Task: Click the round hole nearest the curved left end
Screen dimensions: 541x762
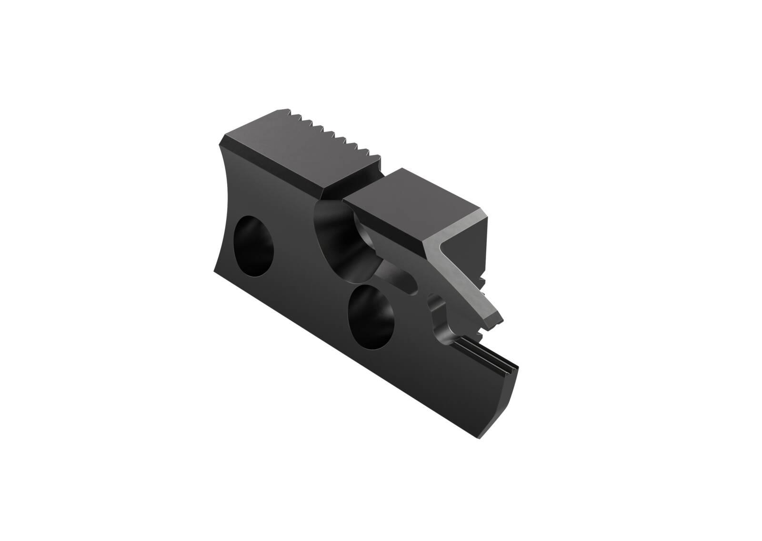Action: [255, 247]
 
